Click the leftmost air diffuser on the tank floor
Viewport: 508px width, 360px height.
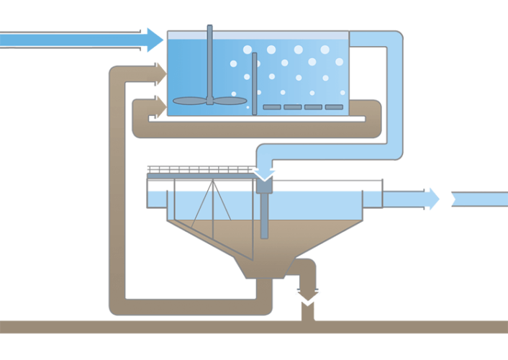click(271, 107)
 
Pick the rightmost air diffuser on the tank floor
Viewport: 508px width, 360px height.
click(334, 107)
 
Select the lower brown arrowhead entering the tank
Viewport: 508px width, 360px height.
click(159, 103)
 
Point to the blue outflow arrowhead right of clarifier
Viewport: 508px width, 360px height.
click(432, 199)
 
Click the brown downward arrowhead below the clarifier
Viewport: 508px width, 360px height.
click(309, 294)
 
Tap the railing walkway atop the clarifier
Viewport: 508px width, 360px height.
click(201, 171)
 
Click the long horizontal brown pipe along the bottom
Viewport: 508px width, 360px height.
click(144, 327)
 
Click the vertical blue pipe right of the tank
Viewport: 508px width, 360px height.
click(393, 94)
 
